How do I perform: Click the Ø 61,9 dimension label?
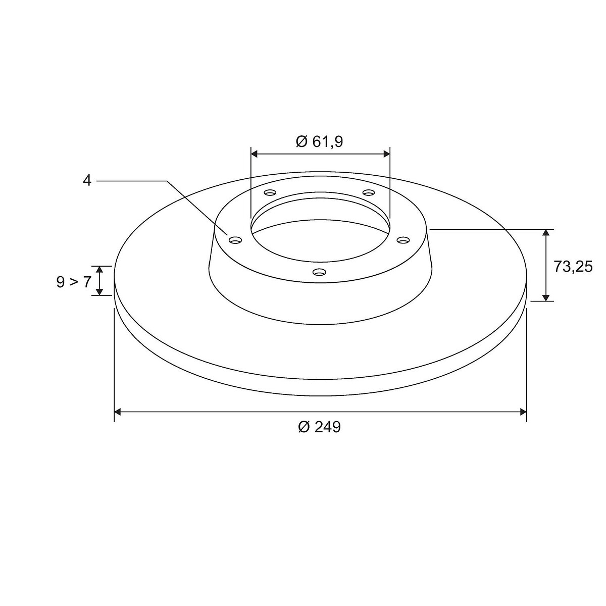[x=319, y=142]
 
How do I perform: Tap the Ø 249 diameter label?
[x=320, y=427]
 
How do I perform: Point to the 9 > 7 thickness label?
[x=74, y=282]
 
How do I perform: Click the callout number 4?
[x=87, y=181]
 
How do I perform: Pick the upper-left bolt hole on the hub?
[x=270, y=192]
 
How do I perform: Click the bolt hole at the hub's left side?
[x=236, y=240]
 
